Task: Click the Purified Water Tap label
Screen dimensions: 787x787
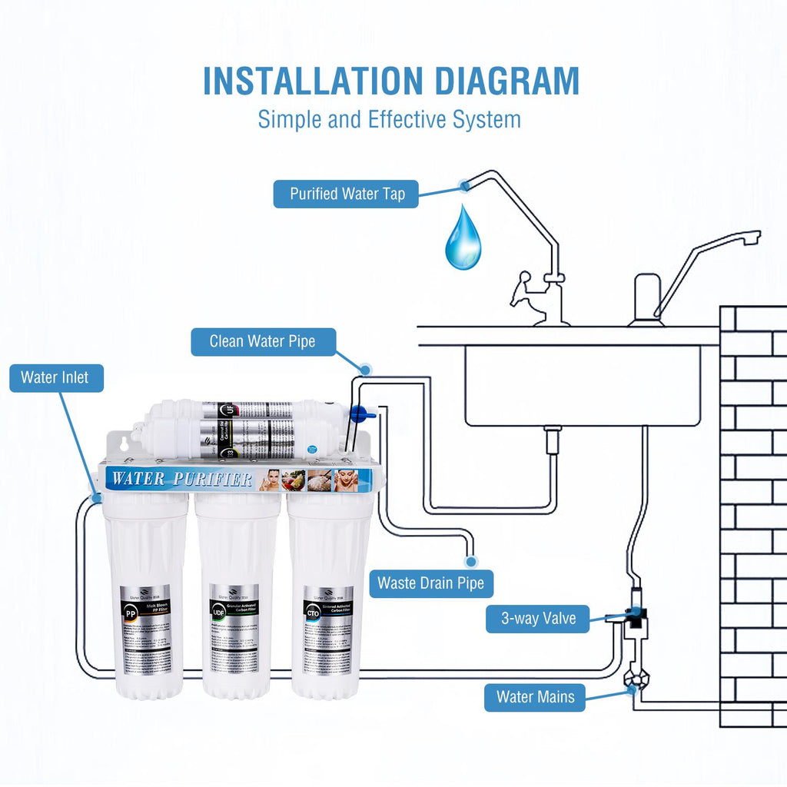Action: (x=346, y=194)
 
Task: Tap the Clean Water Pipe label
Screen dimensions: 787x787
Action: (x=263, y=342)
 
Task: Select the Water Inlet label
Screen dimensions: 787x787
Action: (x=55, y=377)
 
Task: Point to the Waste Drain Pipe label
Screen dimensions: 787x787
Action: (x=430, y=583)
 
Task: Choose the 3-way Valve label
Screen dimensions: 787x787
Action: (x=537, y=619)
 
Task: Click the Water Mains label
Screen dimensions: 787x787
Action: (x=535, y=697)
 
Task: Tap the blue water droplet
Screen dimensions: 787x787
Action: (x=463, y=238)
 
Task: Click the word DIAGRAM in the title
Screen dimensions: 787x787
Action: (x=490, y=81)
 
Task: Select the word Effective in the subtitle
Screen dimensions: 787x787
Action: (x=407, y=120)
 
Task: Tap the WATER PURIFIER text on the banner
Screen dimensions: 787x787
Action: (x=182, y=480)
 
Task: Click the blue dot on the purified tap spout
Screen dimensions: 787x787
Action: (x=464, y=185)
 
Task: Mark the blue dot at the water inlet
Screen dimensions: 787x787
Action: (x=96, y=498)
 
